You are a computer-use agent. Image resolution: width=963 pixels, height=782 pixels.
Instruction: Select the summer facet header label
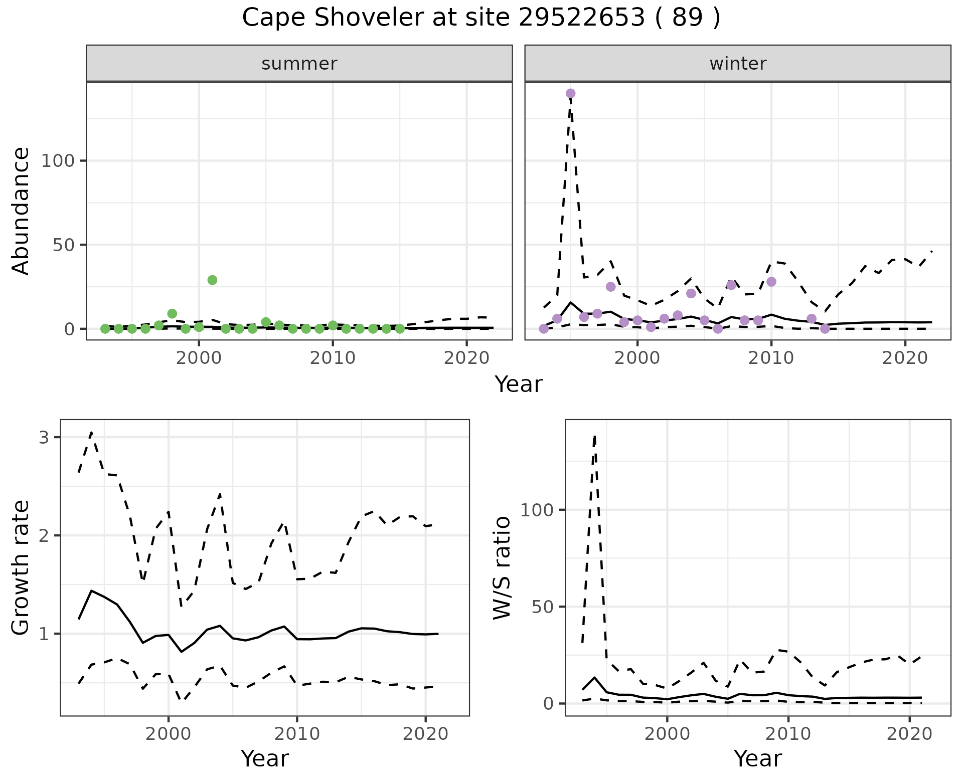[x=299, y=64]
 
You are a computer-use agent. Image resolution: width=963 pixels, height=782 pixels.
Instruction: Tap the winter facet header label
[x=738, y=64]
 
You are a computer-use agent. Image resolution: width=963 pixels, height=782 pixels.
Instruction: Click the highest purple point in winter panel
[x=570, y=94]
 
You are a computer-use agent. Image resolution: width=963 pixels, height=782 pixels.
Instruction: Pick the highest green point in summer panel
[x=212, y=280]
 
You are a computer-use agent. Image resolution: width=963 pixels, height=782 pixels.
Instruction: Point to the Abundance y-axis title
[x=21, y=211]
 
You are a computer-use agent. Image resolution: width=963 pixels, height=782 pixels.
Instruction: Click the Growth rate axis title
[x=21, y=567]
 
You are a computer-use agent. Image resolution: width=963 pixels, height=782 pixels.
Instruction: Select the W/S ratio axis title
[x=502, y=567]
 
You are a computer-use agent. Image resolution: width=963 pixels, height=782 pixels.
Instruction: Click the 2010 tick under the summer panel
[x=333, y=358]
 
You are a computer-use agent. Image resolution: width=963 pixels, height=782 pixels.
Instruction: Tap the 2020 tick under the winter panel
[x=905, y=358]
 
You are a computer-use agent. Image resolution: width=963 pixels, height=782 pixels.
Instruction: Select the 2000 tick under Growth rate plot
[x=168, y=734]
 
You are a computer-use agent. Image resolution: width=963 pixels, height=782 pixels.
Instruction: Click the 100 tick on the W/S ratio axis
[x=536, y=510]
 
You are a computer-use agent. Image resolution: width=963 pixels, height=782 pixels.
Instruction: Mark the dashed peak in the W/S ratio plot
[x=595, y=437]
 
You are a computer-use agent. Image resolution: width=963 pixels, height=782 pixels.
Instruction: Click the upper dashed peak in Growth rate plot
[x=91, y=432]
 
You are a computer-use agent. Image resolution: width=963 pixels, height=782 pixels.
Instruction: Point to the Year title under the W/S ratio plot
[x=757, y=759]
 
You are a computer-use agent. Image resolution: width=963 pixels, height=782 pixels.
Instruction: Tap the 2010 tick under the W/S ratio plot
[x=788, y=734]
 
